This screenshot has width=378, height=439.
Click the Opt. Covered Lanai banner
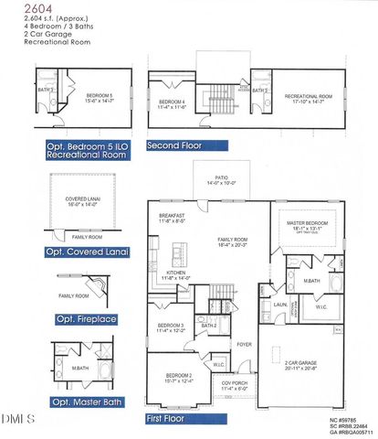point(88,252)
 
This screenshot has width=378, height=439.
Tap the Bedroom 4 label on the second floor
point(172,102)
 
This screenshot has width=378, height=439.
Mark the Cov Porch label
point(236,383)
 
